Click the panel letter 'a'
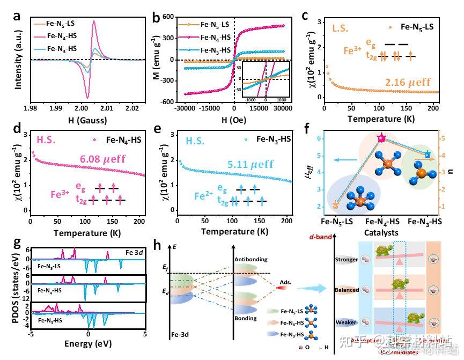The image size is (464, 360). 17,17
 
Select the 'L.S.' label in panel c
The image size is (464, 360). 342,27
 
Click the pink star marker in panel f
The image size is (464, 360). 381,138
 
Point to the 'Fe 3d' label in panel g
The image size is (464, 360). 131,251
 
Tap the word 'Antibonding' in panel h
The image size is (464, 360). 252,259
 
